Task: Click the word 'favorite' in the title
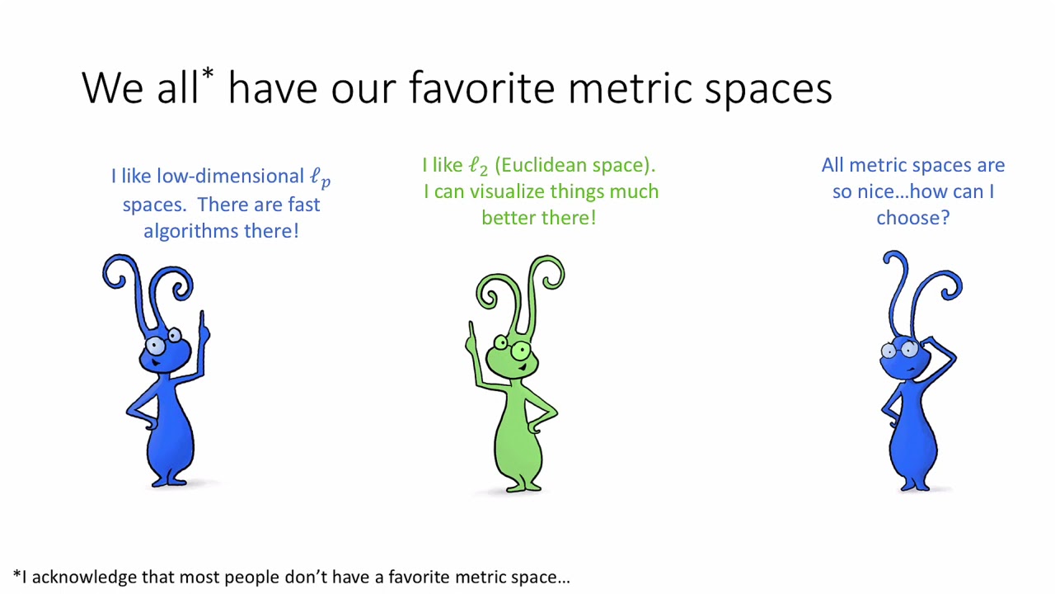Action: point(481,87)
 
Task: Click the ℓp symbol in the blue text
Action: point(320,177)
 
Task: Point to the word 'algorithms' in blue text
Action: point(190,231)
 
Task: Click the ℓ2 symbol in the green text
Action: point(478,166)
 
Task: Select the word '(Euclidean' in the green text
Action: point(540,165)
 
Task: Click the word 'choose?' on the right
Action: point(912,218)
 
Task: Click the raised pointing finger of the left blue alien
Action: point(202,320)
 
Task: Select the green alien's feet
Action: point(518,485)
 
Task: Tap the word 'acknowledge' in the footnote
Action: point(84,577)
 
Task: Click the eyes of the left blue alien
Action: point(165,341)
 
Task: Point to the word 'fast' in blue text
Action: point(303,205)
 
